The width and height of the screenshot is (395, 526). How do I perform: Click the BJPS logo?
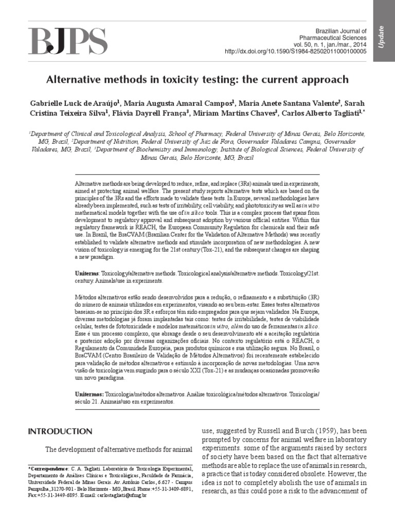[x=68, y=41]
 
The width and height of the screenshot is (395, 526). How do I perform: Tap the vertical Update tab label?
[x=381, y=37]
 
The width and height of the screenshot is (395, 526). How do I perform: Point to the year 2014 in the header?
[x=358, y=45]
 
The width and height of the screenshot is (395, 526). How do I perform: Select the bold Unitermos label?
[x=88, y=393]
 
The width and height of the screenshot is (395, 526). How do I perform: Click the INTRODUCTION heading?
[x=60, y=431]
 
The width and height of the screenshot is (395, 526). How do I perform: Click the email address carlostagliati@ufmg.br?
[x=122, y=495]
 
